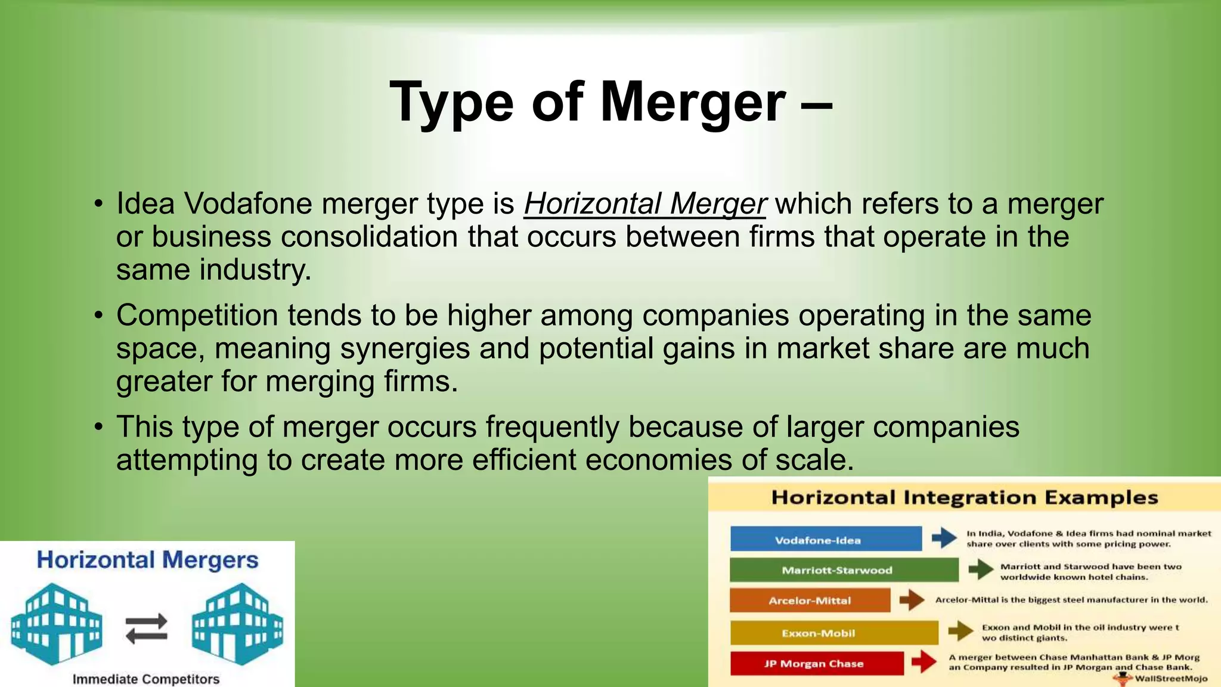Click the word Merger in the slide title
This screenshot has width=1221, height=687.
(693, 102)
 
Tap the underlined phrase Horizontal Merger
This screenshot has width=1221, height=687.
(644, 204)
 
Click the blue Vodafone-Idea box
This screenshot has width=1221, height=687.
(826, 539)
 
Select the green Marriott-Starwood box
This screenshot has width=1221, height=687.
(844, 570)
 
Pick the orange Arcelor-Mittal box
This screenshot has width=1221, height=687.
(810, 601)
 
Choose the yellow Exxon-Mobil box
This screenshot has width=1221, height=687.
(833, 633)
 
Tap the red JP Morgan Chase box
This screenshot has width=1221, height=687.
(816, 663)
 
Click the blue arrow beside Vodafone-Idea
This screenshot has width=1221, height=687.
(944, 538)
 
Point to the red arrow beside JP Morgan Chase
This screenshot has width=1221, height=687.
(924, 661)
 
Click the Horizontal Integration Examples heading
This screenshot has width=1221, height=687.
(964, 498)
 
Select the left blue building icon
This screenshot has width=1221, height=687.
(57, 624)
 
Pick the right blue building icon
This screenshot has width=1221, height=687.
(237, 624)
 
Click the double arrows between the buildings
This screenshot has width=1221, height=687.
(147, 629)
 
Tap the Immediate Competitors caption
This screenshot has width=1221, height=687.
(146, 679)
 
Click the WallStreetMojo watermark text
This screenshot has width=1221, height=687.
(1171, 679)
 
